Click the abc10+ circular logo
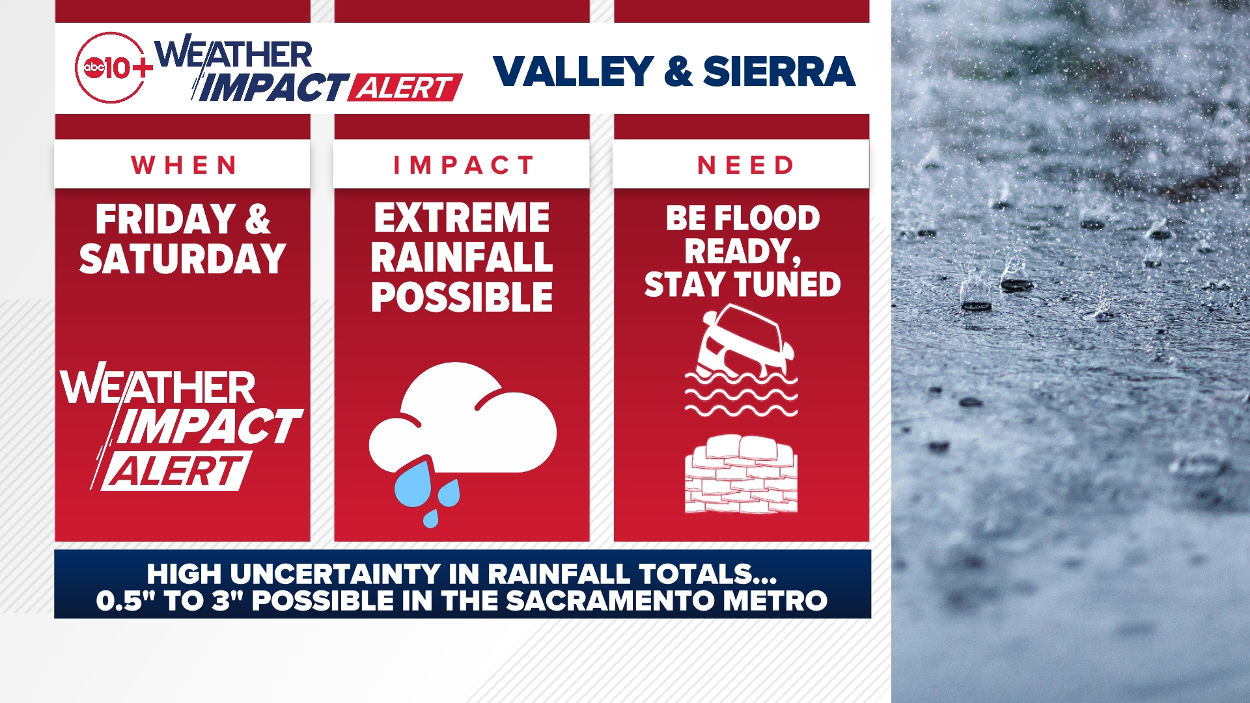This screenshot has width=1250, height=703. (111, 68)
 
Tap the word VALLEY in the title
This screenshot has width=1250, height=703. (573, 71)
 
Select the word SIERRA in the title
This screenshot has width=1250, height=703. (779, 71)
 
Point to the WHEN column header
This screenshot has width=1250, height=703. (183, 165)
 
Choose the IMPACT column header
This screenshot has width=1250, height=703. (462, 165)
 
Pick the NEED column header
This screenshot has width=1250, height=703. (744, 165)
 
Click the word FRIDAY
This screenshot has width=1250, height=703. (165, 219)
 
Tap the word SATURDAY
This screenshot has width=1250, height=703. (182, 259)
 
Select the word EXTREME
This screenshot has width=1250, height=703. (462, 218)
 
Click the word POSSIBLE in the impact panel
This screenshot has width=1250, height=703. (462, 297)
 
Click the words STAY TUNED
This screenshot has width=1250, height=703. (742, 285)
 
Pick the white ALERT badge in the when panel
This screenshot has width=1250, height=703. (176, 471)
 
